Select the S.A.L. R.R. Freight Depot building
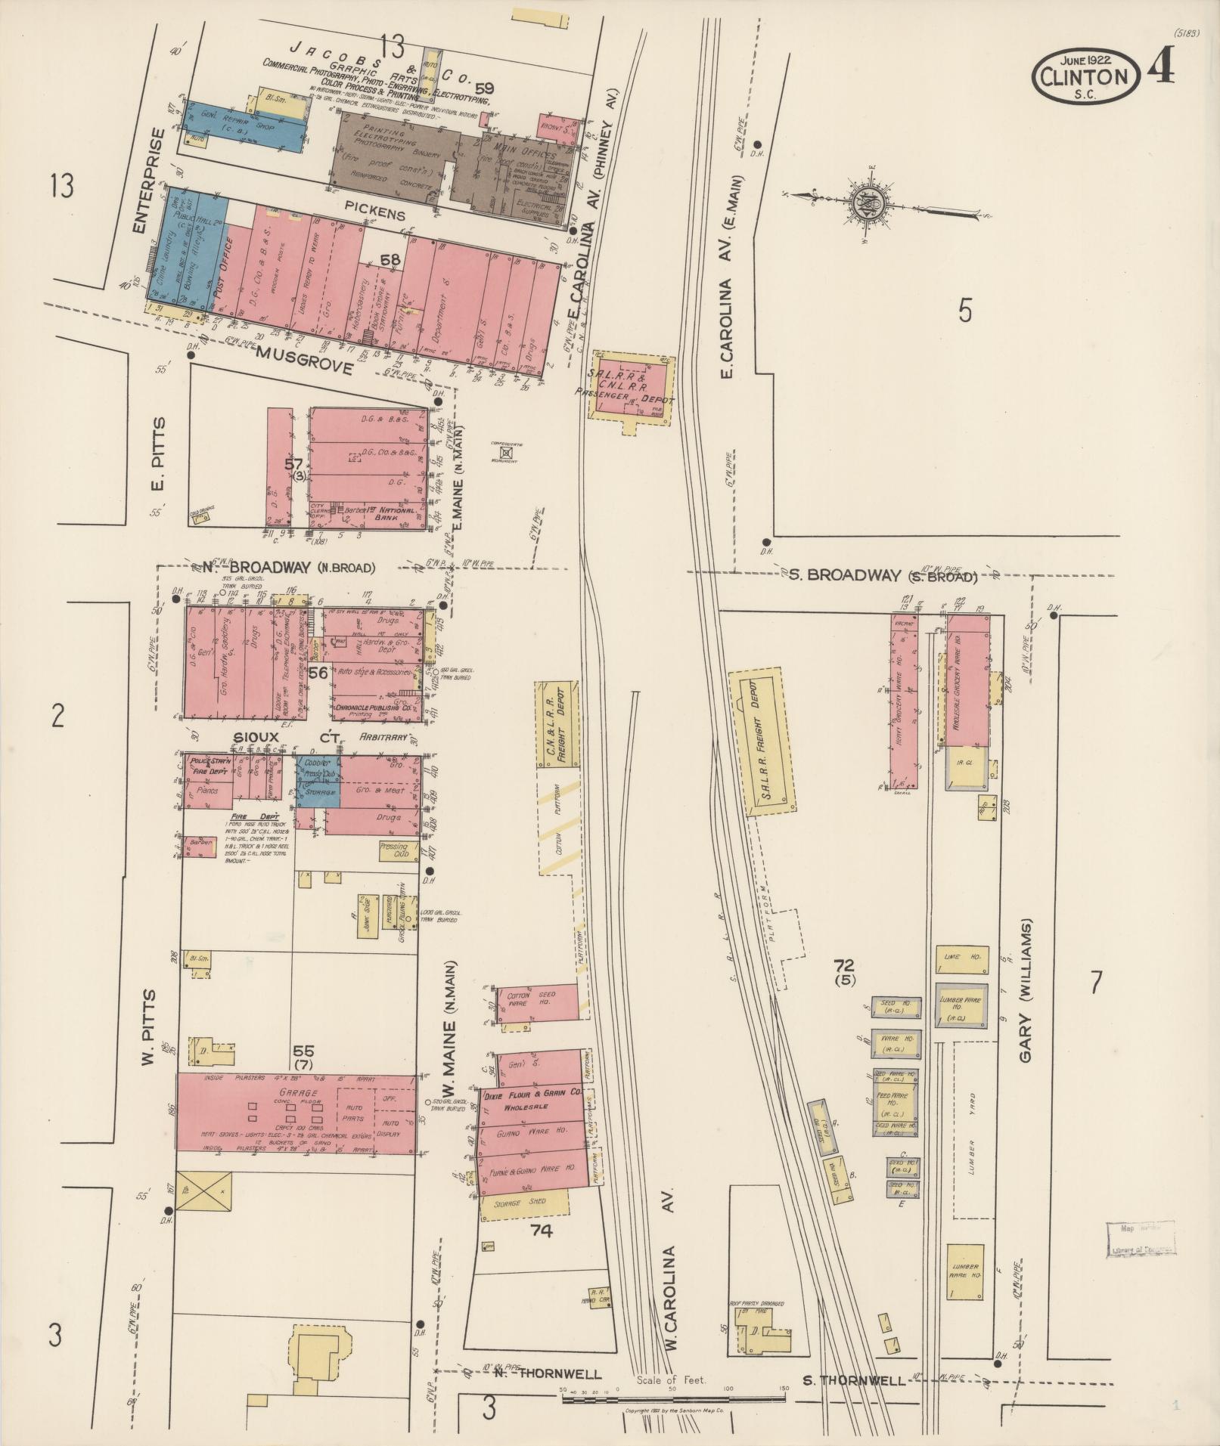[764, 741]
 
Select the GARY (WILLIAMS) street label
[1026, 991]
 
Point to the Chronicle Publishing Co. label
[374, 708]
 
